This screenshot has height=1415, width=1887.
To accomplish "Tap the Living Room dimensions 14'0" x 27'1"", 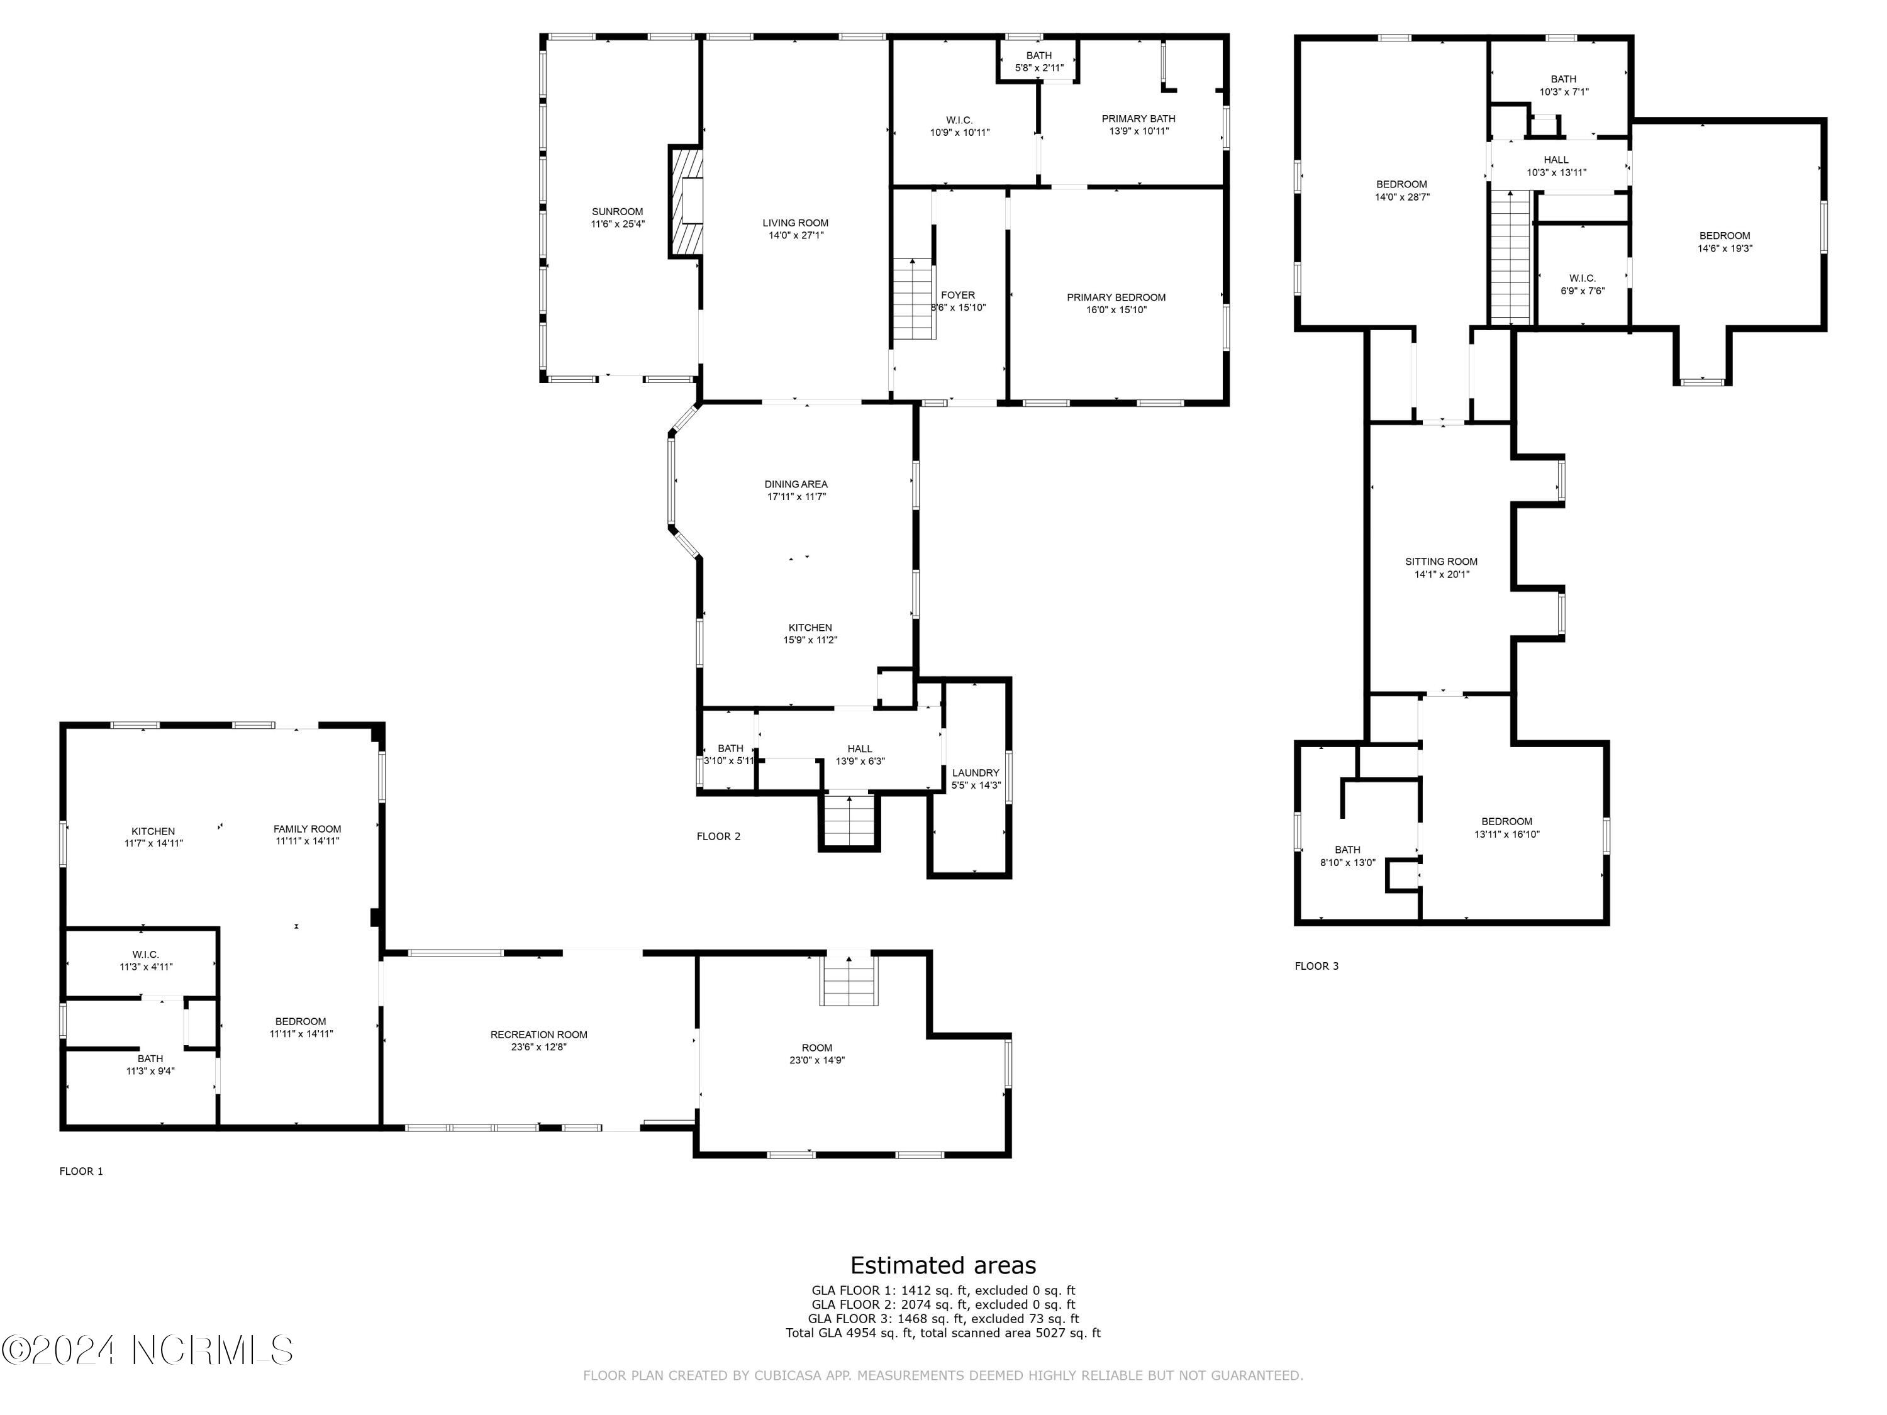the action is pyautogui.click(x=796, y=235).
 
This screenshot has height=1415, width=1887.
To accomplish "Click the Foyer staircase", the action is pyautogui.click(x=914, y=299).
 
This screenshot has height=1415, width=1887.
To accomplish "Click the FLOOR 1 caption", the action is pyautogui.click(x=81, y=1171).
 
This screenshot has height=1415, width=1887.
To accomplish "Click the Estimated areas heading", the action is pyautogui.click(x=943, y=1265).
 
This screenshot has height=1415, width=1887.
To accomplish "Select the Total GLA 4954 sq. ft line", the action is pyautogui.click(x=943, y=1332).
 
